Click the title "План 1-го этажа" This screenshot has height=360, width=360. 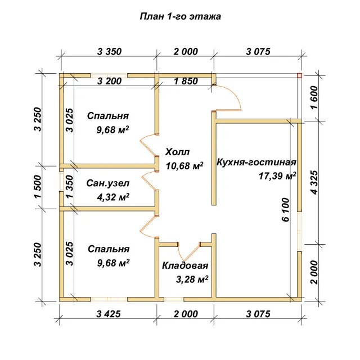(180, 16)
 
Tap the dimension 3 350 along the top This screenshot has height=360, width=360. (109, 52)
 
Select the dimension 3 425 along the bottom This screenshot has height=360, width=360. (109, 314)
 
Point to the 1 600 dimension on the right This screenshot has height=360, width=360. (314, 97)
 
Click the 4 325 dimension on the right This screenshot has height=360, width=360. (314, 182)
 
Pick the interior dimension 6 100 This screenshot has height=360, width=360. (285, 210)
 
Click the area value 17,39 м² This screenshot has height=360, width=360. (277, 176)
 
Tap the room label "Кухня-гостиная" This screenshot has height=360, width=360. (256, 163)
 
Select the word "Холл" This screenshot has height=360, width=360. (178, 152)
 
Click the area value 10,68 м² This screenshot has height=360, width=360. (184, 165)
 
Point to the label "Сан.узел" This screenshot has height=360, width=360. (108, 183)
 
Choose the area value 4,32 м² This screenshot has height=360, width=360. (113, 197)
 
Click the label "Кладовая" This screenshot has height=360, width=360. (185, 265)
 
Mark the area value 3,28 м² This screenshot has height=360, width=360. (192, 280)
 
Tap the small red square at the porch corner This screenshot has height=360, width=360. (299, 75)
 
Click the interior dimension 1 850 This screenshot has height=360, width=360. (186, 81)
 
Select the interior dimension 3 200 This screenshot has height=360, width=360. (109, 81)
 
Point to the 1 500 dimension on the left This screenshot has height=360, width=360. (38, 186)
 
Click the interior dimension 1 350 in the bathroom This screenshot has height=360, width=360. (70, 186)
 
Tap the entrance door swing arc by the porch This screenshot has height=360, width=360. (232, 94)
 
